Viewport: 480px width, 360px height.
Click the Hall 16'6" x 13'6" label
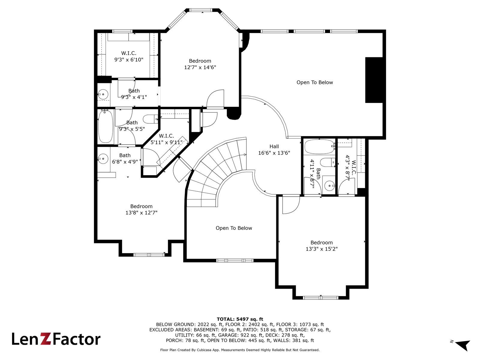(x=274, y=150)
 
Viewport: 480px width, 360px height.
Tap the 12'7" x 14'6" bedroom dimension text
(x=200, y=67)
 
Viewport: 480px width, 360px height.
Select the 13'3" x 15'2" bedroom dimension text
(x=322, y=249)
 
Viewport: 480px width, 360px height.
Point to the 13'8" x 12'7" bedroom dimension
(x=141, y=213)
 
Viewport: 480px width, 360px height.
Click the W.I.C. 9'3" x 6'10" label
(x=129, y=56)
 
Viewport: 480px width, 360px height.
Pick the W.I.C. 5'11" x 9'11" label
(x=166, y=139)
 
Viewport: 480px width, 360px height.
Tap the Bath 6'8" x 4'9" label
(x=125, y=158)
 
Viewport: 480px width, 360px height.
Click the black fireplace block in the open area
(x=374, y=80)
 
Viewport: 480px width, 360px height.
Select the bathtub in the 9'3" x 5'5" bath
(x=105, y=127)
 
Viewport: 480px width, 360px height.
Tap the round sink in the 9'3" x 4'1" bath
(x=103, y=94)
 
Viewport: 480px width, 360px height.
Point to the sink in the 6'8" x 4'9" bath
(x=103, y=159)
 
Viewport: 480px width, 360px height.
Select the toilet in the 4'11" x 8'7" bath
(x=327, y=163)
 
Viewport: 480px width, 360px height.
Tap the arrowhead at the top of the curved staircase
(x=245, y=155)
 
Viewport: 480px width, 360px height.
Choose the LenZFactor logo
(x=56, y=339)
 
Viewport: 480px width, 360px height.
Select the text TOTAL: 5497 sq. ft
(x=240, y=319)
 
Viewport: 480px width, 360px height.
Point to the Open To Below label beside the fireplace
(x=315, y=82)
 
